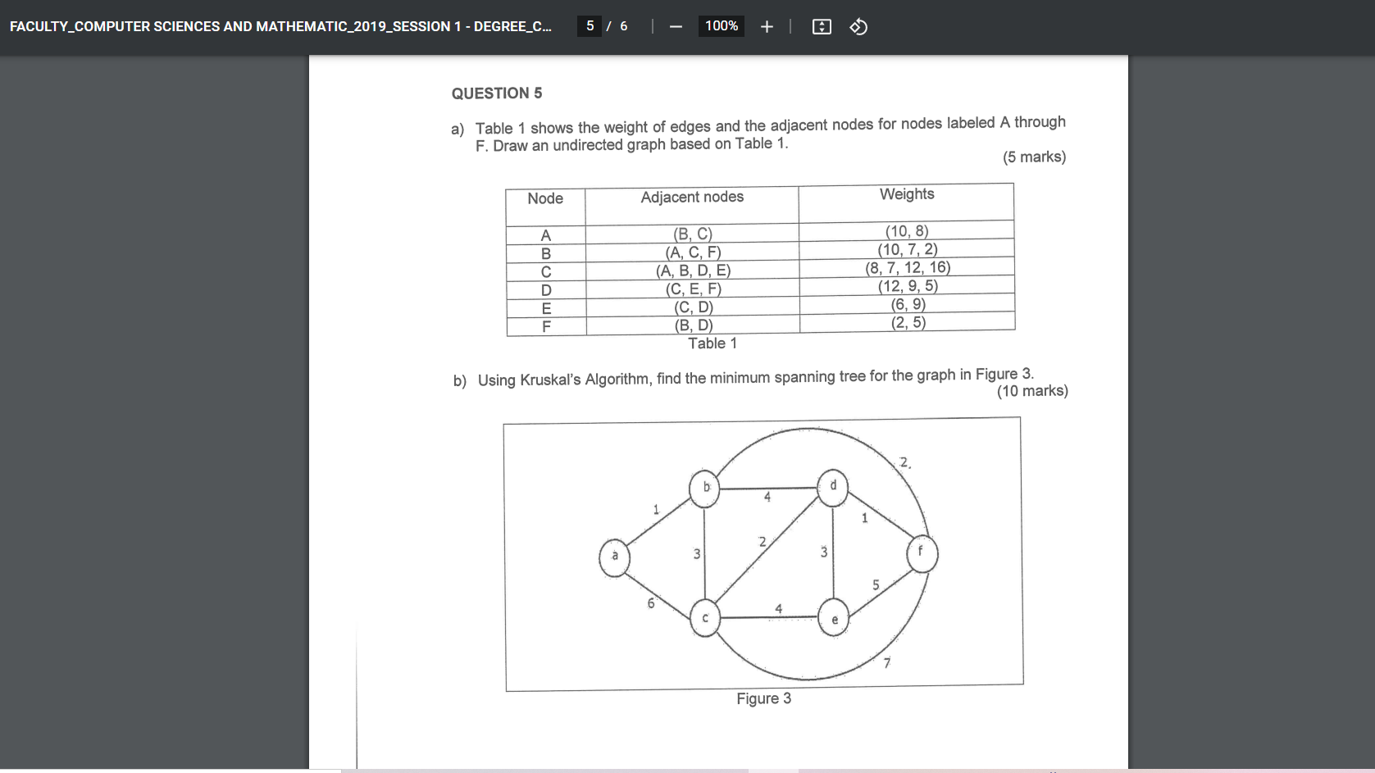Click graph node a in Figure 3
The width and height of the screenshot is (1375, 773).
(614, 557)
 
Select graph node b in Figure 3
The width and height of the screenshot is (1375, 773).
(705, 488)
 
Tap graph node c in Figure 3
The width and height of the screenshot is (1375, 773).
(704, 618)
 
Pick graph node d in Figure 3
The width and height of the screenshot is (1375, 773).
(833, 485)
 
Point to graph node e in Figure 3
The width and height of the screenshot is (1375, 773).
(834, 619)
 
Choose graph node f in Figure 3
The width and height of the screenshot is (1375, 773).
(922, 553)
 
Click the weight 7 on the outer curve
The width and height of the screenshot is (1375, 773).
(886, 663)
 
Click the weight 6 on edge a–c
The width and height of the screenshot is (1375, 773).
(651, 603)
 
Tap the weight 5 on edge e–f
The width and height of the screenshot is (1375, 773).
(876, 585)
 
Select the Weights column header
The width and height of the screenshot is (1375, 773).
(906, 194)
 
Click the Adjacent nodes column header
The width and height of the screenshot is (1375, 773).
(692, 197)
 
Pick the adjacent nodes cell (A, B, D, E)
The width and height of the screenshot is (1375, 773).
(693, 271)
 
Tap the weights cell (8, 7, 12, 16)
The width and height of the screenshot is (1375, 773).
(907, 268)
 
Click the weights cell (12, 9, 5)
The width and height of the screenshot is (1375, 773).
(908, 286)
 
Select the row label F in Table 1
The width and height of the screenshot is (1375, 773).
(546, 326)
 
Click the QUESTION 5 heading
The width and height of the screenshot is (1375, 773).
(496, 93)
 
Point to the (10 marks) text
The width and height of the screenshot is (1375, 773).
(1031, 391)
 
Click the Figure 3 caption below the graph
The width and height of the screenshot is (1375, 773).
(763, 698)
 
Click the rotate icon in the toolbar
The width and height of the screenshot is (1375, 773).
(858, 26)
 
